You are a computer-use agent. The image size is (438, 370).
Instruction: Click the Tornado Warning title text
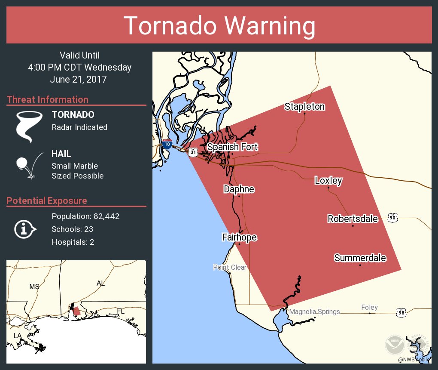pos(219,26)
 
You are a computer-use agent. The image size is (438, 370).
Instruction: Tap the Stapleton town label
pos(304,106)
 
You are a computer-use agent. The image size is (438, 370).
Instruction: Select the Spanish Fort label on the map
pos(232,147)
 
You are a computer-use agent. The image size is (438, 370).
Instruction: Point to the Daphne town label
pos(239,189)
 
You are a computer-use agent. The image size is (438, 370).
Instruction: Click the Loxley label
pos(328,180)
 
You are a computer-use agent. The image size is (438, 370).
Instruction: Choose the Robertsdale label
pos(353,219)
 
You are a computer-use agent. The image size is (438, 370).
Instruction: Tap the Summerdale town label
pos(360,258)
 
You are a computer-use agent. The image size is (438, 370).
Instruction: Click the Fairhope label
pos(239,237)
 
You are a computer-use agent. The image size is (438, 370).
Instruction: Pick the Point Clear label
pos(230,267)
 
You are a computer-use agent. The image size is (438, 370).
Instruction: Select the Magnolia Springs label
pos(314,312)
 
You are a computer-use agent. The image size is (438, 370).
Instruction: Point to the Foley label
pos(369,307)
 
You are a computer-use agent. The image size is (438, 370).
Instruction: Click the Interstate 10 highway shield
pos(167,144)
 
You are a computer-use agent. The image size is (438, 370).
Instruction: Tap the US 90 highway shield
pos(392,218)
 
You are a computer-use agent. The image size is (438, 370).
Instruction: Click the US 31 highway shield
pos(194,152)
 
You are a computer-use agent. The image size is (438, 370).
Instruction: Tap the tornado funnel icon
pos(29,126)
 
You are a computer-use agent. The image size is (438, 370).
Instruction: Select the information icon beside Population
pos(25,229)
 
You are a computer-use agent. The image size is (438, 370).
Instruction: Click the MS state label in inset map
pos(34,287)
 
